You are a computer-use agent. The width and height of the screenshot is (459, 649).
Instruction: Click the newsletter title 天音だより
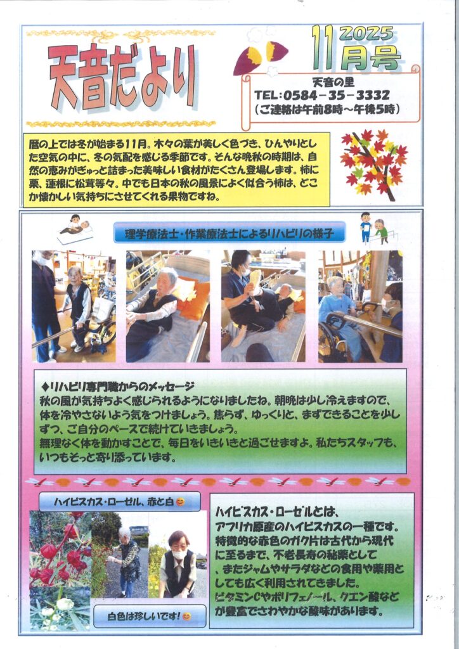pos(122,77)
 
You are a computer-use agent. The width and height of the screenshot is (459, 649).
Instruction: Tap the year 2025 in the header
pos(366,34)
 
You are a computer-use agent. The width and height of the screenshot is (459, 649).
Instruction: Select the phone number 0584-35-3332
pos(337,96)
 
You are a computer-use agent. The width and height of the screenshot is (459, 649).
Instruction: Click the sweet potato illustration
pos(261,58)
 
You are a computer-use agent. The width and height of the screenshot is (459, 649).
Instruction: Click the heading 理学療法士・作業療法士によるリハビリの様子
pos(229,234)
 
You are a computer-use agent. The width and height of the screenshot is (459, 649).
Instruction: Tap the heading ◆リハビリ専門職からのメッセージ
pos(118,387)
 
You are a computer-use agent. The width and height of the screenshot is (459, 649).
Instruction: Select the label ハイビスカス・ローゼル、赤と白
pos(119,502)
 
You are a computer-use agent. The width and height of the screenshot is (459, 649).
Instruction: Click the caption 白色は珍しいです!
pos(149,616)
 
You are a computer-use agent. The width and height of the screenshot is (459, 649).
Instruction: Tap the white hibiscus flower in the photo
pos(65,603)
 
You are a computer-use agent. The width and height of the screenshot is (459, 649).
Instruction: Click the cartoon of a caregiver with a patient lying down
pos(75,229)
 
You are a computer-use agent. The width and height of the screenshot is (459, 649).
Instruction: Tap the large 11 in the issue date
pos(323,48)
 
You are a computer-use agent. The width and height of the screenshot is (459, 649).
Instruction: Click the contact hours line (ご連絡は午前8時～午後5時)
pos(327,109)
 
